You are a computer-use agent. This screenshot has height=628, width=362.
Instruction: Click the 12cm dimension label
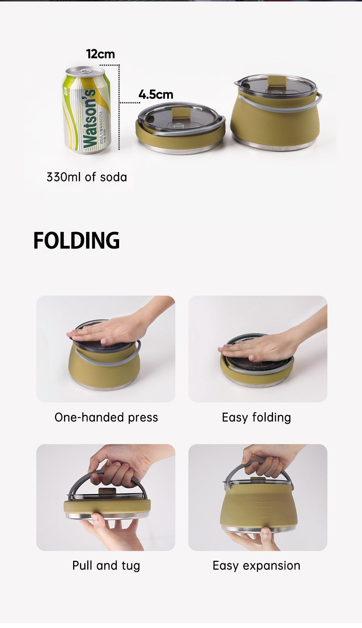click(100, 54)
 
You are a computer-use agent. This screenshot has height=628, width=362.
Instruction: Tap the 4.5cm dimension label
click(156, 94)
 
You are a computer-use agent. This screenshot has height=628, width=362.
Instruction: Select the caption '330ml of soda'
click(87, 177)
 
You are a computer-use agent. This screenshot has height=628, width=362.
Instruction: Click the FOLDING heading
click(76, 240)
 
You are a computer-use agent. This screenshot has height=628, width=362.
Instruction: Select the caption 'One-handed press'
click(106, 417)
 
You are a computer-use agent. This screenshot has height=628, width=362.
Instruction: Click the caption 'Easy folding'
click(256, 417)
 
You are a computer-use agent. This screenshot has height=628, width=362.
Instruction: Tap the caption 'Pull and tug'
click(106, 565)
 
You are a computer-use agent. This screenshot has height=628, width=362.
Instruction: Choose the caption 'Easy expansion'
click(256, 565)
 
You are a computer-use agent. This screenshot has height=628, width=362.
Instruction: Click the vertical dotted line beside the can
click(119, 108)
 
